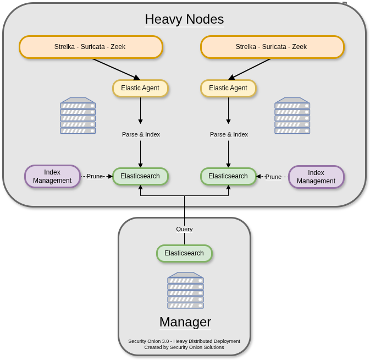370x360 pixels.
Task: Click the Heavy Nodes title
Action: tap(184, 19)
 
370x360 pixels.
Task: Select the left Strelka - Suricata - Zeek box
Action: tap(91, 47)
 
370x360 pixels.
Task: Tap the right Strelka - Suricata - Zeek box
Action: tap(272, 47)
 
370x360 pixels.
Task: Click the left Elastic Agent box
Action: tap(140, 88)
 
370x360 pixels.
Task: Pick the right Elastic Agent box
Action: tap(228, 88)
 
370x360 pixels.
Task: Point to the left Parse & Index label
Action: tap(141, 134)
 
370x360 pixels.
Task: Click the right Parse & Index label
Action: tap(229, 134)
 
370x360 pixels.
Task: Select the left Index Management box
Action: tap(52, 177)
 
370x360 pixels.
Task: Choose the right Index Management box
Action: tap(316, 177)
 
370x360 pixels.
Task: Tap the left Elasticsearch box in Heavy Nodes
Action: tap(140, 177)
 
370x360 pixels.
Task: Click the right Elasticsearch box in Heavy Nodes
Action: tap(228, 177)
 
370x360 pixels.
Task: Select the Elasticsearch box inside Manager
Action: tap(184, 253)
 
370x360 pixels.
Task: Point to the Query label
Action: tap(184, 229)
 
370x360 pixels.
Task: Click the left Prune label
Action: tap(95, 176)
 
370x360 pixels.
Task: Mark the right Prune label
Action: tap(273, 177)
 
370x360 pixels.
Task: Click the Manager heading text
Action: tap(185, 322)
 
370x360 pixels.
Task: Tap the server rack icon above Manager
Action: tap(185, 290)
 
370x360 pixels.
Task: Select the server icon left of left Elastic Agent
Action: tap(78, 116)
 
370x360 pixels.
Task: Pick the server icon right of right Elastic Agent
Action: tap(292, 116)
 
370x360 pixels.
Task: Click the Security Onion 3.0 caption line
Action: tap(184, 341)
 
